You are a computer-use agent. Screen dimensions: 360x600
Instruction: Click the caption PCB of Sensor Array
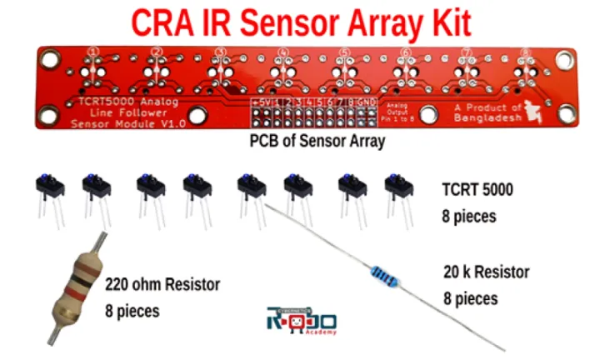(x=317, y=142)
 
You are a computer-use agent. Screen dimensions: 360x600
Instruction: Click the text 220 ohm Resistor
(x=162, y=285)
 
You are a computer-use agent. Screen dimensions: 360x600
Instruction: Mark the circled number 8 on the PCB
(x=525, y=52)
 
